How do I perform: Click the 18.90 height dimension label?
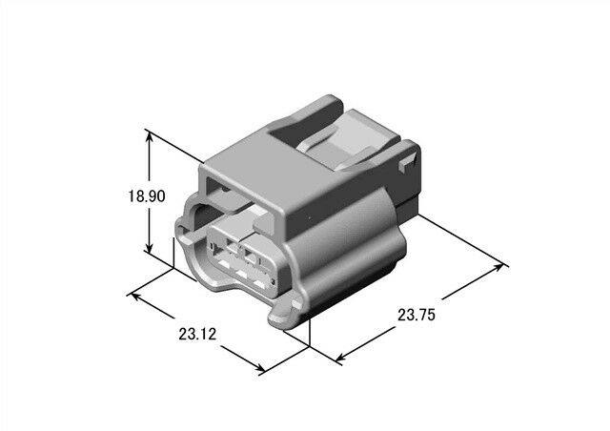[147, 195]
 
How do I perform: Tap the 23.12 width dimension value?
[197, 334]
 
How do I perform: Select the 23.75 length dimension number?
[417, 315]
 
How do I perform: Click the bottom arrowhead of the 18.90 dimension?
[149, 247]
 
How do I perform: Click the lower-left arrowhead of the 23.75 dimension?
[340, 357]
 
